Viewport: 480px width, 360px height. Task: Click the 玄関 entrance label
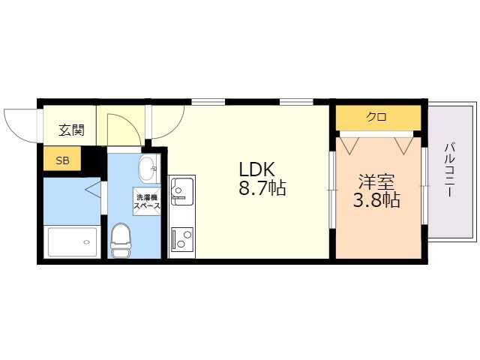click(x=72, y=130)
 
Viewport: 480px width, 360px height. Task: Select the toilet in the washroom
click(x=121, y=238)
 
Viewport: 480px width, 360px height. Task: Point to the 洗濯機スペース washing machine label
click(x=146, y=200)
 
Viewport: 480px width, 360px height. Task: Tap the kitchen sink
click(x=181, y=192)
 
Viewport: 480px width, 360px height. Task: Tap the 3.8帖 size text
click(x=376, y=200)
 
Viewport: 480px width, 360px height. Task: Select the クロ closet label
click(x=376, y=117)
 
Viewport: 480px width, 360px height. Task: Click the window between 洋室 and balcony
click(x=424, y=184)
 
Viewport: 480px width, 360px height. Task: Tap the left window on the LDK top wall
click(x=208, y=100)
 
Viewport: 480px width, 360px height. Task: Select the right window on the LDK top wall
click(x=296, y=100)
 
